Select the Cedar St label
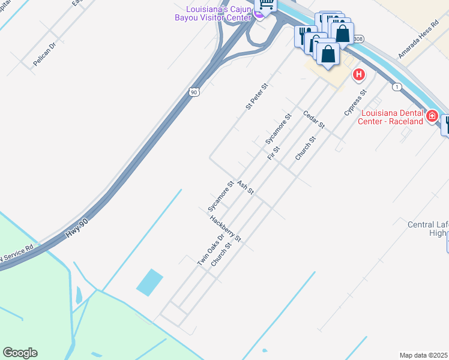click(x=313, y=119)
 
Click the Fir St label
click(x=274, y=152)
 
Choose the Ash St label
click(x=246, y=187)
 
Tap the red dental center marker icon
click(x=432, y=116)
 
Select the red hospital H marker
click(x=358, y=74)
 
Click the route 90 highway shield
click(x=193, y=92)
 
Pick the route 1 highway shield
click(x=397, y=87)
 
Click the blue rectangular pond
click(x=149, y=282)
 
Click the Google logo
click(x=20, y=353)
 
